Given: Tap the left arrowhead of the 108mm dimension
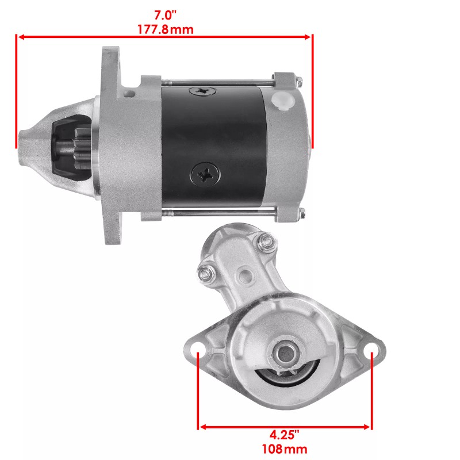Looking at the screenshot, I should tap(202, 427).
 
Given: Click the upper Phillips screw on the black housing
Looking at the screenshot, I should tap(202, 90).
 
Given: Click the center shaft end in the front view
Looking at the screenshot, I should tap(285, 351).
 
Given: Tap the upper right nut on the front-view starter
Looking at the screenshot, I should tap(266, 241).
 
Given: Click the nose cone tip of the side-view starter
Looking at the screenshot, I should tap(26, 141).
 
